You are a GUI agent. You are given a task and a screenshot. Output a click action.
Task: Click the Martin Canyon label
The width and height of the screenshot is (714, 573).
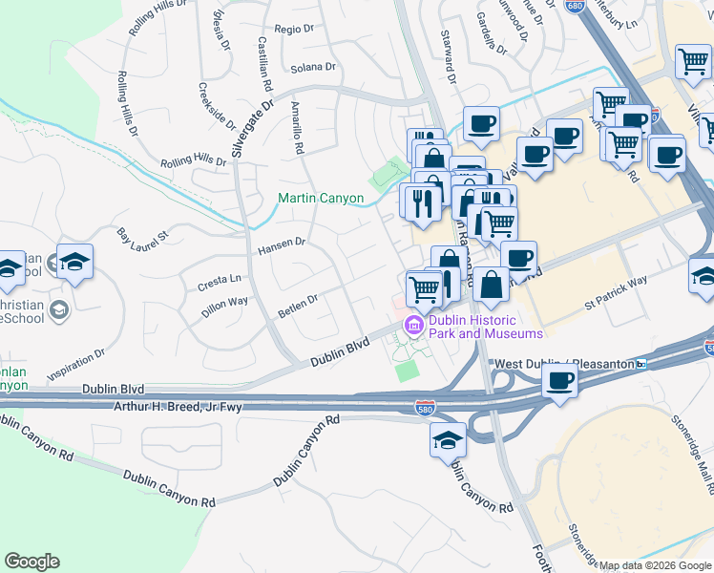click(321, 199)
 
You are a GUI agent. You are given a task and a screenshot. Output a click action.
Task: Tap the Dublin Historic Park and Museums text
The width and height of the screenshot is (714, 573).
click(485, 327)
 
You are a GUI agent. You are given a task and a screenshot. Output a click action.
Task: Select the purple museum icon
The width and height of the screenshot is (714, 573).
click(413, 326)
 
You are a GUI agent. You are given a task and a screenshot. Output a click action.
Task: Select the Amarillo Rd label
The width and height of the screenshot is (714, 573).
click(297, 128)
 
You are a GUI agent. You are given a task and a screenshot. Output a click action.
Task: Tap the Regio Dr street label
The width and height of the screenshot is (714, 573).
click(294, 30)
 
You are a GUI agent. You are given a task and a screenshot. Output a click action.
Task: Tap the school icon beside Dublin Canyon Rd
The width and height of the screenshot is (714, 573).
click(448, 441)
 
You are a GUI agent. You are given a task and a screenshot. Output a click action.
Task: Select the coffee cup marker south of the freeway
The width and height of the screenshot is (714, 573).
click(559, 381)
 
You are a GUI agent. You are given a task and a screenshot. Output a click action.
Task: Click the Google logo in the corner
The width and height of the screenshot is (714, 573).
click(31, 562)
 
